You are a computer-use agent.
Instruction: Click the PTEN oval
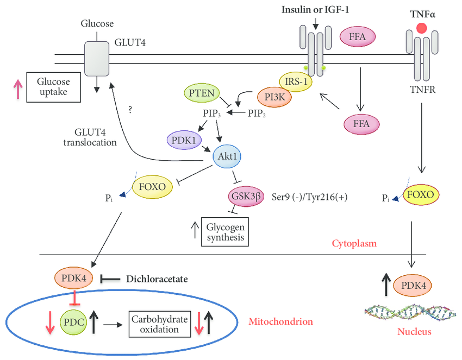click(x=202, y=93)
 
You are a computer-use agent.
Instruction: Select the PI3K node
click(x=274, y=97)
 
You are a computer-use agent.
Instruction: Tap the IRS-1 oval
click(x=296, y=81)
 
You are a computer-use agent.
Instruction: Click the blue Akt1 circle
click(x=227, y=156)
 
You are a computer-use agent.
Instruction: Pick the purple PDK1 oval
click(x=184, y=140)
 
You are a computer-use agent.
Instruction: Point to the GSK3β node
click(x=246, y=196)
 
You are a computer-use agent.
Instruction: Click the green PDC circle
click(x=74, y=322)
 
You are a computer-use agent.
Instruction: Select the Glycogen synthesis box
click(x=225, y=232)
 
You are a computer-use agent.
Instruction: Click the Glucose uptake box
click(x=54, y=87)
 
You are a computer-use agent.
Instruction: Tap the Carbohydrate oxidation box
click(x=160, y=324)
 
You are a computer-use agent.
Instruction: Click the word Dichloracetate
click(x=157, y=279)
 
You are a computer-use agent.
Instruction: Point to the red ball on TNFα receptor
click(x=422, y=28)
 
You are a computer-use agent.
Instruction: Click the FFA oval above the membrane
click(x=358, y=37)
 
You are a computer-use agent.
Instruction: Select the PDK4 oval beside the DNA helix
click(x=414, y=285)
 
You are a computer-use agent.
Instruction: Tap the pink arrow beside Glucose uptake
click(x=18, y=89)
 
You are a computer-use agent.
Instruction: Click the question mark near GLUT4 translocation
click(x=130, y=110)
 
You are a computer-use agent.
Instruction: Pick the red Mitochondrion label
click(x=281, y=321)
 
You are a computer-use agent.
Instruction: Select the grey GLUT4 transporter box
click(x=97, y=59)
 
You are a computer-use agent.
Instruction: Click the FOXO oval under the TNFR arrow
click(x=421, y=194)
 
